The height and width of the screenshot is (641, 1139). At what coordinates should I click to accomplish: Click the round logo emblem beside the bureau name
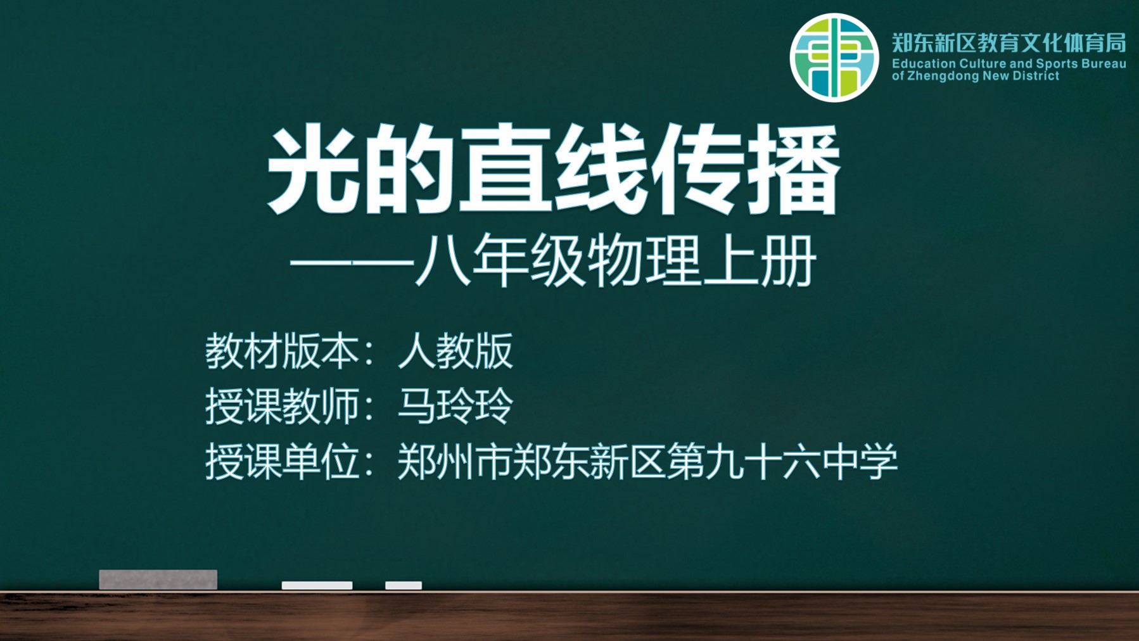[834, 58]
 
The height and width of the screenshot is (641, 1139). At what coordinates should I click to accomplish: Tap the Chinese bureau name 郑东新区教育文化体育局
[1009, 42]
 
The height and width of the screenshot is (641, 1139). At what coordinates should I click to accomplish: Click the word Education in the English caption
[924, 63]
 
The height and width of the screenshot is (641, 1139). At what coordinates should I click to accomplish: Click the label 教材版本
[282, 351]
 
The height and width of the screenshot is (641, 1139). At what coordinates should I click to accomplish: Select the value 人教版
[455, 351]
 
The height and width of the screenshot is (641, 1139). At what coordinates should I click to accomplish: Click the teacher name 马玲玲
[455, 406]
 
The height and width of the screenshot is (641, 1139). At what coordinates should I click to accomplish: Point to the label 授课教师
[282, 406]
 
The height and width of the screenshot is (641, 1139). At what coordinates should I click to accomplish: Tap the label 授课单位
[282, 462]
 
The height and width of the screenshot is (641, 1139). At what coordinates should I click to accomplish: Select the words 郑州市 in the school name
[454, 462]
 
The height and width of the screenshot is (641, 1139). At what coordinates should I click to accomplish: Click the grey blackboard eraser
[158, 580]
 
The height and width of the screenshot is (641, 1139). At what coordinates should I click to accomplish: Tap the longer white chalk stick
[317, 585]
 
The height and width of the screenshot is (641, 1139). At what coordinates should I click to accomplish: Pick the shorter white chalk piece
[404, 585]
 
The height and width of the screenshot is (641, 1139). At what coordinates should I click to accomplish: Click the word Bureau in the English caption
[1104, 63]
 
